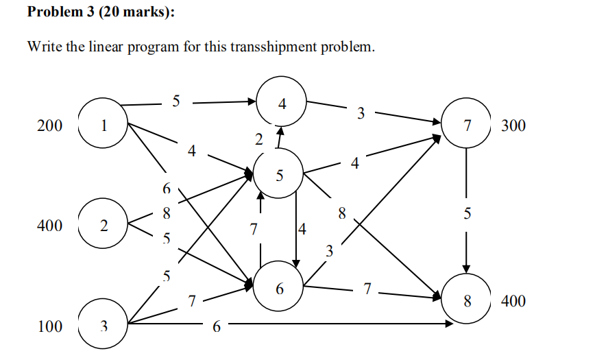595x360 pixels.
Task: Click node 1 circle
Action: click(104, 125)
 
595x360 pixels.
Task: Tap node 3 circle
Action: click(104, 325)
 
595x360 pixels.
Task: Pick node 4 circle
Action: click(282, 104)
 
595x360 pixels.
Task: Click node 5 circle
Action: click(278, 176)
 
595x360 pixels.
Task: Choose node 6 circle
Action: click(279, 289)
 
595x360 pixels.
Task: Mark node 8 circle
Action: click(467, 300)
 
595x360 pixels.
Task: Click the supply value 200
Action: click(50, 126)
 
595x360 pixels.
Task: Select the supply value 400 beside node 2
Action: click(50, 226)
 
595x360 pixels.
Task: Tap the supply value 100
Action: click(50, 326)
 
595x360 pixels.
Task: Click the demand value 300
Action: click(513, 126)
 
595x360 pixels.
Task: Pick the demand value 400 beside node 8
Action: click(513, 301)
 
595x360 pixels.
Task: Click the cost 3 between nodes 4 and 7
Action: click(361, 113)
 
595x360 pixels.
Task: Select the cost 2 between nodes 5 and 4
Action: click(258, 140)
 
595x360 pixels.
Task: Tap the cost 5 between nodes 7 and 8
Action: click(467, 214)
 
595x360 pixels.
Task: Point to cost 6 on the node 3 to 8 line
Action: click(216, 327)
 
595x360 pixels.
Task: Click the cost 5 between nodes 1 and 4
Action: click(176, 101)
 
